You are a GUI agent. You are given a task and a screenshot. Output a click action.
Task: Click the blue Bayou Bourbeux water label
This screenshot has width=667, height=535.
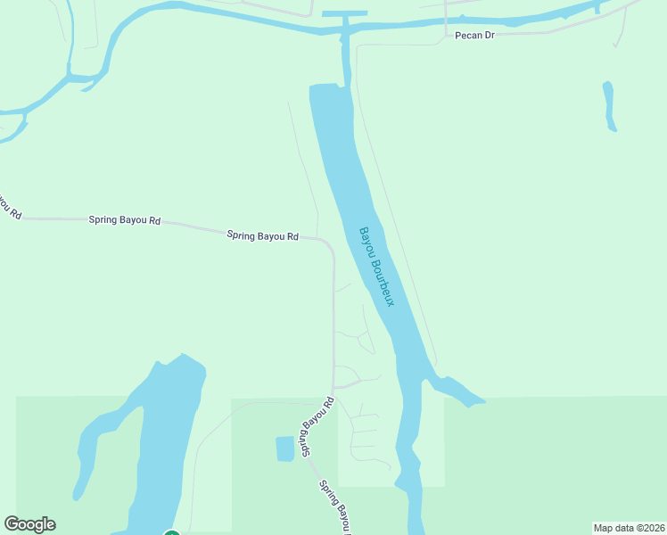[x=376, y=267]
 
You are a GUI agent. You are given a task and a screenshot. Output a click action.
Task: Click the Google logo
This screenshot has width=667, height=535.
[x=29, y=524]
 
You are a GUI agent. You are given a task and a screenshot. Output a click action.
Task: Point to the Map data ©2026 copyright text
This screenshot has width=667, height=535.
[x=629, y=528]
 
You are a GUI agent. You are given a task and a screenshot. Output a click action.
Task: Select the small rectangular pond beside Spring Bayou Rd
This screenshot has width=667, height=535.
[x=284, y=449]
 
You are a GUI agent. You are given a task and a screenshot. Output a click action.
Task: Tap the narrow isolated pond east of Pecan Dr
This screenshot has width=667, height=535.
[x=609, y=106]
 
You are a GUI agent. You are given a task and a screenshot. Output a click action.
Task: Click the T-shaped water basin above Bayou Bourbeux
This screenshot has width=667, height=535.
[x=344, y=15]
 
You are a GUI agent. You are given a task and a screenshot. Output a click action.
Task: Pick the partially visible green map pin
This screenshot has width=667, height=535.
[x=172, y=533]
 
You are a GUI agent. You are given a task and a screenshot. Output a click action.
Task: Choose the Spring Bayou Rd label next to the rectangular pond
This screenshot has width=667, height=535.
[x=316, y=428]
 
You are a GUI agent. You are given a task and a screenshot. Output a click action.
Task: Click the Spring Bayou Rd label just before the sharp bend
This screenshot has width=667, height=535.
[x=262, y=236]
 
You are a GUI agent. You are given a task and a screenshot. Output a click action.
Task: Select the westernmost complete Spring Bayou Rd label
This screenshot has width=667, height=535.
[x=124, y=219]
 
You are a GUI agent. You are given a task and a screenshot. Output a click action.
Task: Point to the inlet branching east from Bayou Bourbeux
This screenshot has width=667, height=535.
[x=459, y=391]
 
